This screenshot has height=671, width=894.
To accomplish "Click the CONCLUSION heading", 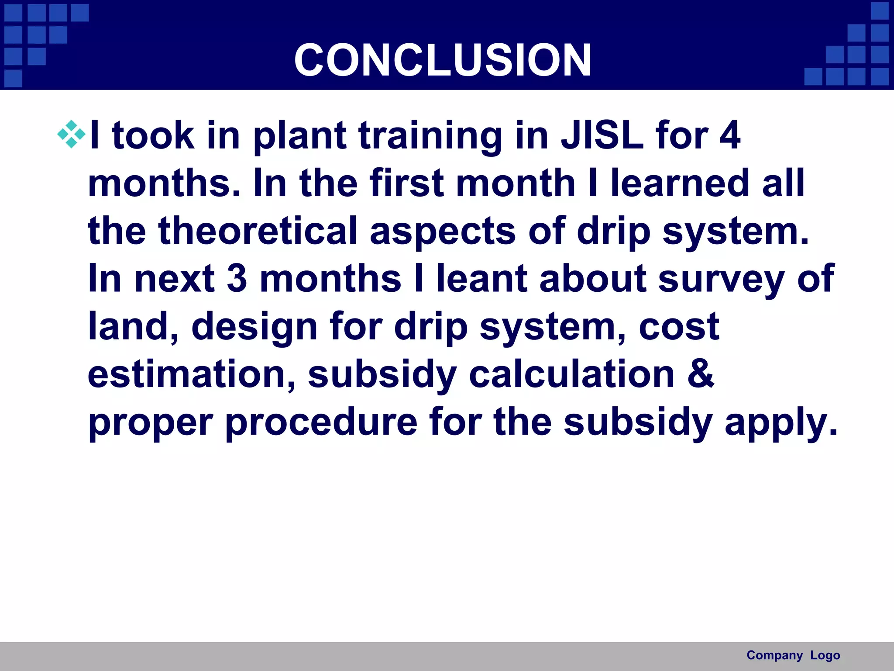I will tap(443, 60).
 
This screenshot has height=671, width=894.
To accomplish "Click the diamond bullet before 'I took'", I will tap(71, 135).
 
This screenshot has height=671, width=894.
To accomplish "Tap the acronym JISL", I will tap(602, 135).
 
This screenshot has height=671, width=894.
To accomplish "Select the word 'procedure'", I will tap(322, 422).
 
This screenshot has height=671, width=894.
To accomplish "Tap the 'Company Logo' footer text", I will tap(793, 655).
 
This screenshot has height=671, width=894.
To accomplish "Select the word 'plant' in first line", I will tap(300, 136).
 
